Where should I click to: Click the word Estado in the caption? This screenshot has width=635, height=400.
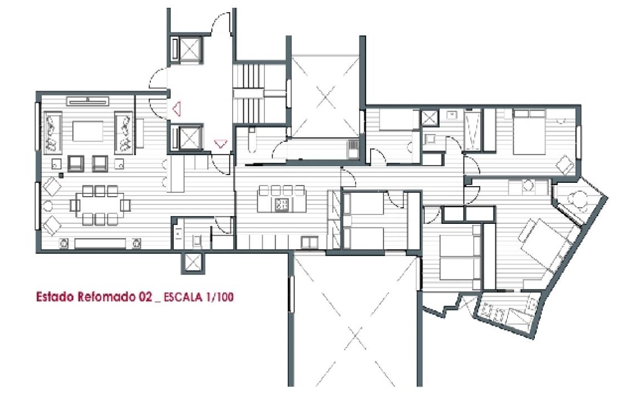(55, 297)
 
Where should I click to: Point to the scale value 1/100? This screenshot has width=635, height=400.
(219, 297)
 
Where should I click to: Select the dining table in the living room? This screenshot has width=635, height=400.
(100, 205)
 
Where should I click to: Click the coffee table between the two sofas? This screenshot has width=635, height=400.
(88, 131)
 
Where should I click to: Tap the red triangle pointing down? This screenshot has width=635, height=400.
(220, 143)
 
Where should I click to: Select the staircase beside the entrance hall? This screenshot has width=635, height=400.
(248, 93)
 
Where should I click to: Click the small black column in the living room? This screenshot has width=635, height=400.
(61, 175)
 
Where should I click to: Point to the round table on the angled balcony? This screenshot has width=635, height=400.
(578, 199)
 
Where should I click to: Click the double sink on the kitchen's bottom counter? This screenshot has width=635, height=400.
(309, 243)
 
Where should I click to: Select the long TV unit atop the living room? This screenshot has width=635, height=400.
(88, 101)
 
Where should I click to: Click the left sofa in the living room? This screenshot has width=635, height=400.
(53, 132)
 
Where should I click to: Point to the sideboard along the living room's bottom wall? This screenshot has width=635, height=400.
(100, 243)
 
